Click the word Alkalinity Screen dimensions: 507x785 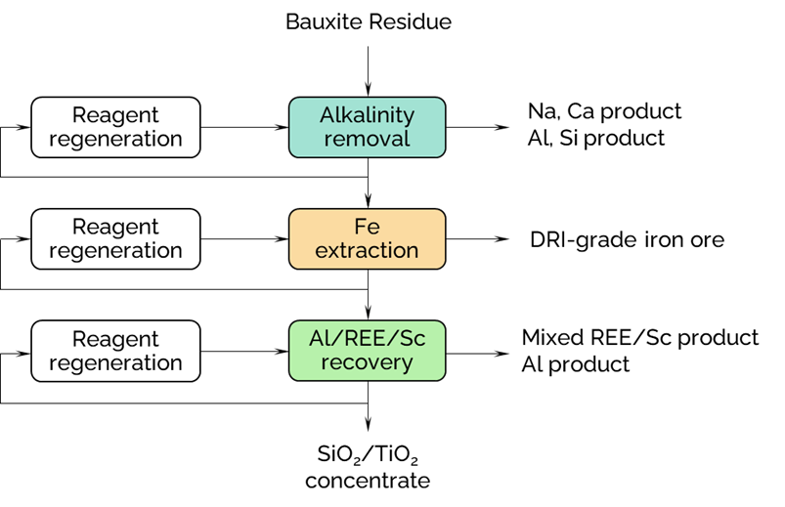[367, 115]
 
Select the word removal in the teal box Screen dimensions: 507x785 [367, 139]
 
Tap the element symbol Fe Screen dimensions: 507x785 [367, 227]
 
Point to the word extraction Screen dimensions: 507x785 [367, 250]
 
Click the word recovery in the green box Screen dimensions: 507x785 [367, 362]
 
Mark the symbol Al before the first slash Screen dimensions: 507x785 [319, 338]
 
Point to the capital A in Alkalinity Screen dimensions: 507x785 [327, 115]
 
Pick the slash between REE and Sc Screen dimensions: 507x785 [396, 338]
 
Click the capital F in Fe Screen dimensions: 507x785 [360, 227]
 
